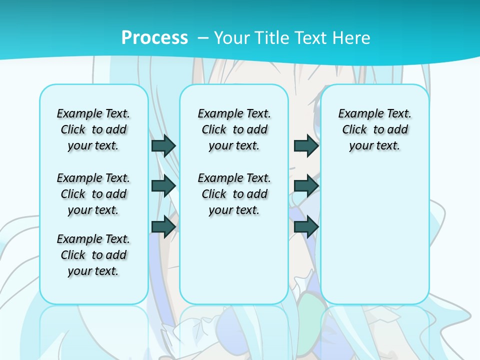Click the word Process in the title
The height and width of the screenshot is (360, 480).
(x=154, y=37)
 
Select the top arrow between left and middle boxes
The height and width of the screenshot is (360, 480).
(x=163, y=145)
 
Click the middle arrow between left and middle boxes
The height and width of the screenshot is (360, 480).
(x=163, y=186)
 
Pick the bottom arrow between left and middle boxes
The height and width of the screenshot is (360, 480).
(x=163, y=226)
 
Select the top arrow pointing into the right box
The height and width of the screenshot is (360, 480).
(x=306, y=145)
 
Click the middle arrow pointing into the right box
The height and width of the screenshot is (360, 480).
(x=306, y=186)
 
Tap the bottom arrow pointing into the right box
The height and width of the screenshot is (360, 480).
(x=306, y=226)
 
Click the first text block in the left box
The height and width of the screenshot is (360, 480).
(x=93, y=129)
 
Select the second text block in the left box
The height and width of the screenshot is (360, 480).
(x=93, y=194)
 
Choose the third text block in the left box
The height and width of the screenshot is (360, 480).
(x=93, y=255)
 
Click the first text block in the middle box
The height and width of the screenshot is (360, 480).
(x=234, y=129)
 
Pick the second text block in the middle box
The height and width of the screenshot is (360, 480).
(x=234, y=194)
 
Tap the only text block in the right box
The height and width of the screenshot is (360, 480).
(x=374, y=129)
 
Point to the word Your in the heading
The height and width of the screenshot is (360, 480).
(x=232, y=37)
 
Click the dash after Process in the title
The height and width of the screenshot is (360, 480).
(x=203, y=37)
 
